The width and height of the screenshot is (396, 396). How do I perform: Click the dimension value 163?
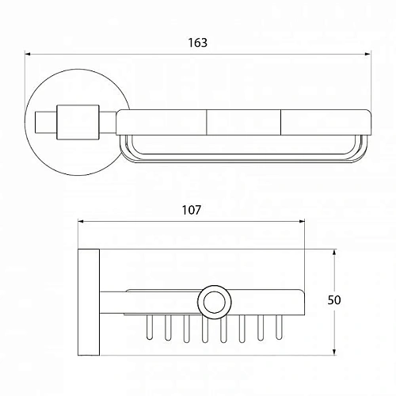coord(199,44)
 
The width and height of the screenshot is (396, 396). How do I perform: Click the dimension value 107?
coord(191,211)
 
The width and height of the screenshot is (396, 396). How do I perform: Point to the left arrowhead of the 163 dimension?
coord(29,55)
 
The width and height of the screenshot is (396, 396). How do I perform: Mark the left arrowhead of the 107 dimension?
coord(81,223)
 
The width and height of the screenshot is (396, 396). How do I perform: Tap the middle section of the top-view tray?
coord(243,120)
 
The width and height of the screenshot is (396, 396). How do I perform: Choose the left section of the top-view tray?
coord(162,120)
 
